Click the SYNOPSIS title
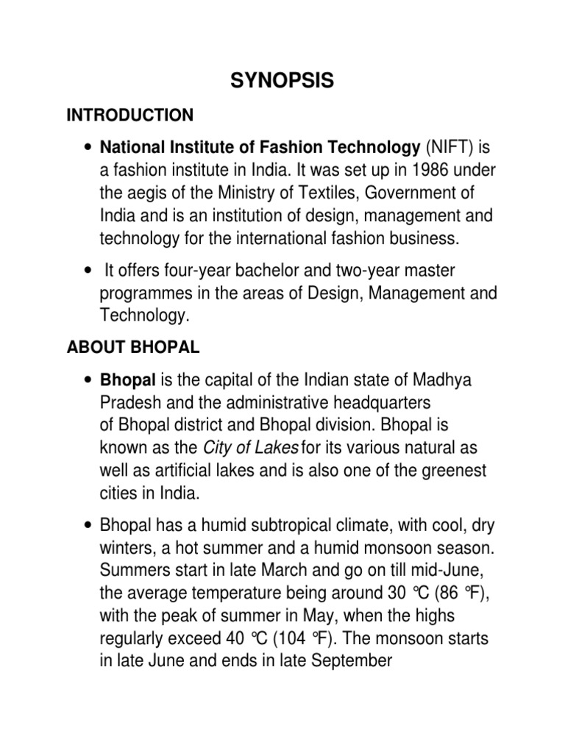[282, 82]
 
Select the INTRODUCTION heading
[130, 115]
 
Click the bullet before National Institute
[88, 147]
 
